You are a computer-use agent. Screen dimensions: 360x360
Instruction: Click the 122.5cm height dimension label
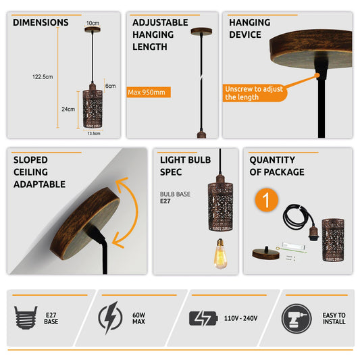tap(43, 77)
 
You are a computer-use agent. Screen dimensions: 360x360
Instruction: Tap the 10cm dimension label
tap(93, 23)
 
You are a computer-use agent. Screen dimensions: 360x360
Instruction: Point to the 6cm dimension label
tap(111, 86)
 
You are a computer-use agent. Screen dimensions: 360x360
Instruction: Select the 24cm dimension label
tap(68, 109)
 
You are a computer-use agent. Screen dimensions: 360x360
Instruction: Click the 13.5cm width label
tap(94, 133)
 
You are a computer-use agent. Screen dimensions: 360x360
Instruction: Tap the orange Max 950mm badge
tap(149, 93)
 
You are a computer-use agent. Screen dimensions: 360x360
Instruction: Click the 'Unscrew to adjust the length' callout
tap(255, 93)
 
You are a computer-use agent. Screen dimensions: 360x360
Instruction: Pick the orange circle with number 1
tap(267, 200)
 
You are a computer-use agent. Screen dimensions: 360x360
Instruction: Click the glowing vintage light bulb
tap(220, 253)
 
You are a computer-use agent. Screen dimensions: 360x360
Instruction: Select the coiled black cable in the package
tap(297, 217)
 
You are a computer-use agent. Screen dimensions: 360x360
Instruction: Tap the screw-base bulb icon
tap(26, 317)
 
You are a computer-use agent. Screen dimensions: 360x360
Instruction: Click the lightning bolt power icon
tap(110, 317)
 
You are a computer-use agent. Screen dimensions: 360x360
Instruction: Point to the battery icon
tap(203, 318)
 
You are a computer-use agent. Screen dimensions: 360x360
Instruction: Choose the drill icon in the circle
tap(297, 318)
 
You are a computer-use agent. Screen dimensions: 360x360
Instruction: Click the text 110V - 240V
tap(241, 318)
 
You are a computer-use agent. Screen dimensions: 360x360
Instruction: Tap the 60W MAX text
tap(138, 318)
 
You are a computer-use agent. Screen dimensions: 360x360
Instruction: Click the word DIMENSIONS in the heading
tap(41, 22)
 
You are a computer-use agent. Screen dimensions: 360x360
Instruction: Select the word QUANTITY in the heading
tap(272, 160)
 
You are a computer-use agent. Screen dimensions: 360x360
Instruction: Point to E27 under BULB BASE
tap(165, 201)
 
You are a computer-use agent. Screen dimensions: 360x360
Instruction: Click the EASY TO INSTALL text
tap(334, 318)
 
